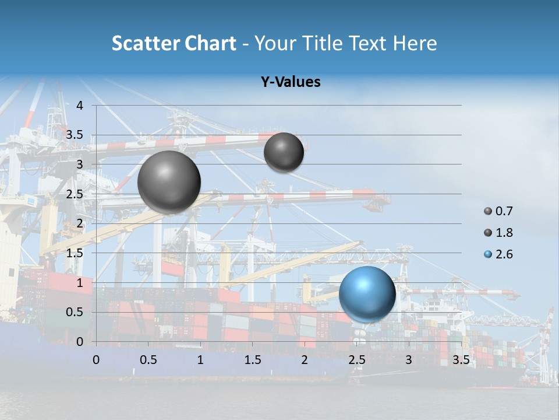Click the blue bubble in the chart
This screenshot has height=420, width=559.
click(x=367, y=294)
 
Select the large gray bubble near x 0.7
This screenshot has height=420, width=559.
click(x=169, y=182)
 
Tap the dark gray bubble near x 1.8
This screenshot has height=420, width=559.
click(x=284, y=152)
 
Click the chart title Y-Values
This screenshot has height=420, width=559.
click(x=291, y=82)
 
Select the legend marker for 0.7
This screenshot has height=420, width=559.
click(x=488, y=211)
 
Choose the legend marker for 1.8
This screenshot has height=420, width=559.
click(x=488, y=233)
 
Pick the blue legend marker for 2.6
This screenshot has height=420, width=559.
click(x=488, y=254)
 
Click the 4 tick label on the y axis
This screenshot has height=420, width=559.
click(x=80, y=106)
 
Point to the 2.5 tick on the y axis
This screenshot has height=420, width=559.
click(x=75, y=194)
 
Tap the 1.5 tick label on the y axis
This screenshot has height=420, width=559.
click(x=75, y=253)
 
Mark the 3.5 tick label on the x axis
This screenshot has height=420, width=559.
click(x=461, y=360)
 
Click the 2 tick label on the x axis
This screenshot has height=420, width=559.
click(x=305, y=360)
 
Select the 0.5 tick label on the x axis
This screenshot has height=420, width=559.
click(x=148, y=360)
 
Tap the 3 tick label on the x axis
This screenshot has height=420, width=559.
click(x=409, y=360)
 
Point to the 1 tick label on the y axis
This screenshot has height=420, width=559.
click(x=80, y=283)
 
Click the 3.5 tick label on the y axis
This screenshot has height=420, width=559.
click(x=75, y=135)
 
